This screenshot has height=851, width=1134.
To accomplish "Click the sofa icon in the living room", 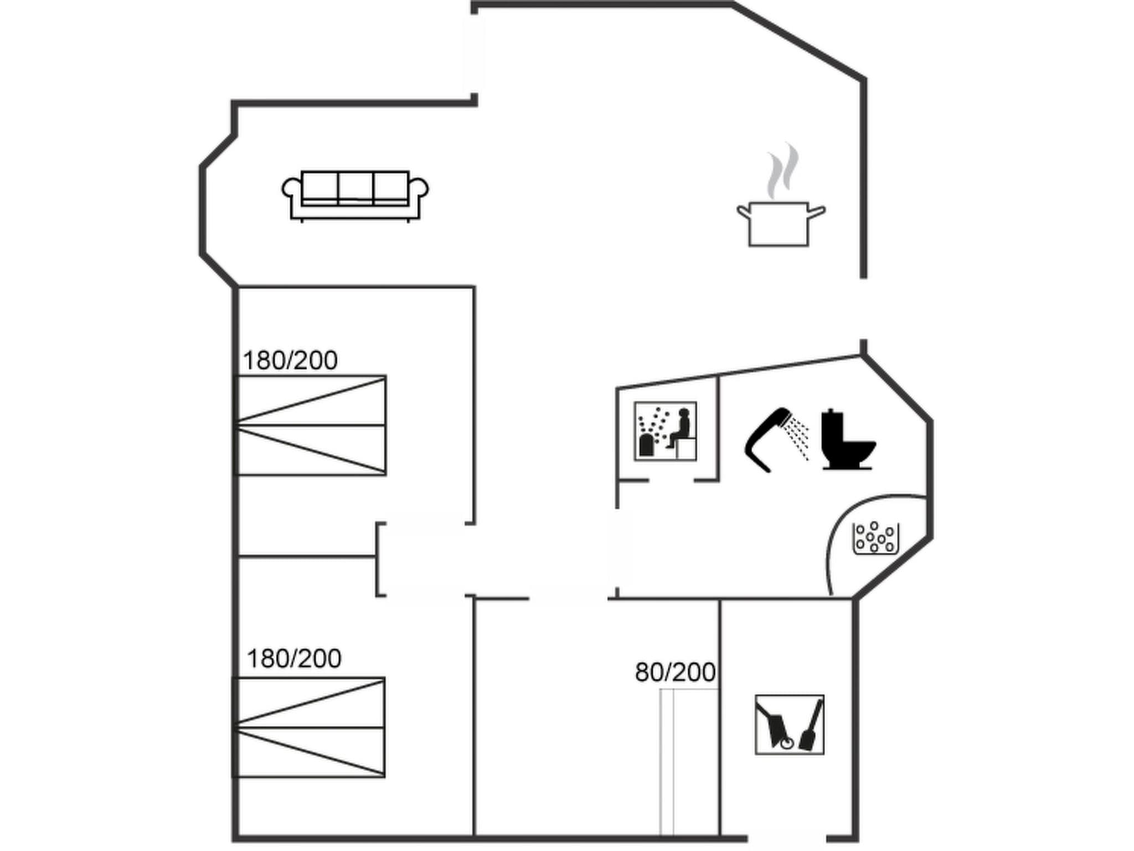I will (355, 196).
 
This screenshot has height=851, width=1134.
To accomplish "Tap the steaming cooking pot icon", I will (780, 224).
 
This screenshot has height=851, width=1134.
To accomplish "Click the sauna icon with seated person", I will (665, 431).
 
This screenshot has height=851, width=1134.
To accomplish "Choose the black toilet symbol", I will (846, 440).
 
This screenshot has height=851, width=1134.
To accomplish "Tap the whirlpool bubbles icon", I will (875, 538).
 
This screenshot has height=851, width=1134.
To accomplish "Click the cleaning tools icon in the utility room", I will (789, 724).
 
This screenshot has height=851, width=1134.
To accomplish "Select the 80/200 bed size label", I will (675, 673).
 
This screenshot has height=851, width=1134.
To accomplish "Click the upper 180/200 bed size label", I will (290, 361).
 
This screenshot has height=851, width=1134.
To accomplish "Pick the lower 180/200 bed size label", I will (293, 659).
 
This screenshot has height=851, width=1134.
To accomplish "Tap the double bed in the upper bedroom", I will (311, 425).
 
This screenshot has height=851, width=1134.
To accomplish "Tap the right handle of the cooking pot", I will (817, 211).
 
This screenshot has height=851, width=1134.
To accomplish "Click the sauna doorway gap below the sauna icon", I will (671, 480).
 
